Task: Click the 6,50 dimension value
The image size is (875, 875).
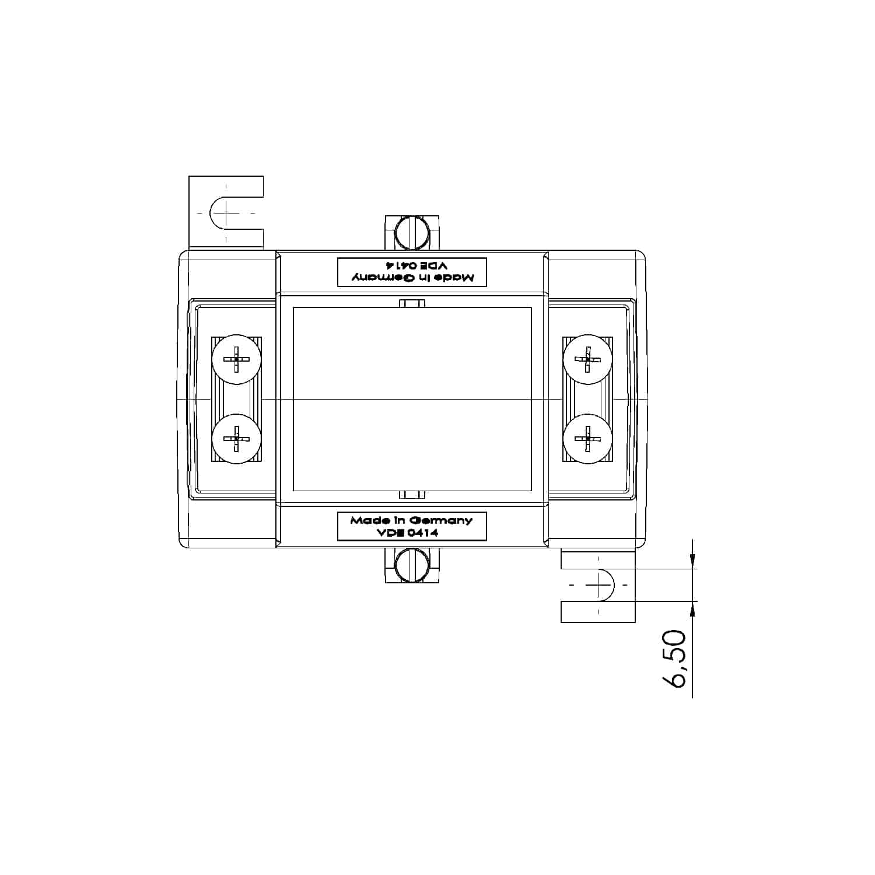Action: click(675, 659)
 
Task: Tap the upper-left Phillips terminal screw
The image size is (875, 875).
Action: click(236, 359)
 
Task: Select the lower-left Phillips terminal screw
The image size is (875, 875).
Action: click(236, 439)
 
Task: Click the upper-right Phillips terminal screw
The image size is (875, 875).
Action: click(587, 359)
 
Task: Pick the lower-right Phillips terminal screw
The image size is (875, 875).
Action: click(587, 439)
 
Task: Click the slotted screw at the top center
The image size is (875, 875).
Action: click(412, 233)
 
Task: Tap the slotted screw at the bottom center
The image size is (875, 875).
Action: click(412, 565)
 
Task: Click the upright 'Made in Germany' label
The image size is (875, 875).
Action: click(412, 526)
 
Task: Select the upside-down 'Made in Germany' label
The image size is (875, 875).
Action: click(412, 272)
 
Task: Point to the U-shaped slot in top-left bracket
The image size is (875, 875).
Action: click(222, 213)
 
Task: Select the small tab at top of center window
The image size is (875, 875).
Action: click(412, 303)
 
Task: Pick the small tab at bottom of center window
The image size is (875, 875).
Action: click(412, 495)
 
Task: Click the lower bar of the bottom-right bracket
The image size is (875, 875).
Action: click(598, 612)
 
